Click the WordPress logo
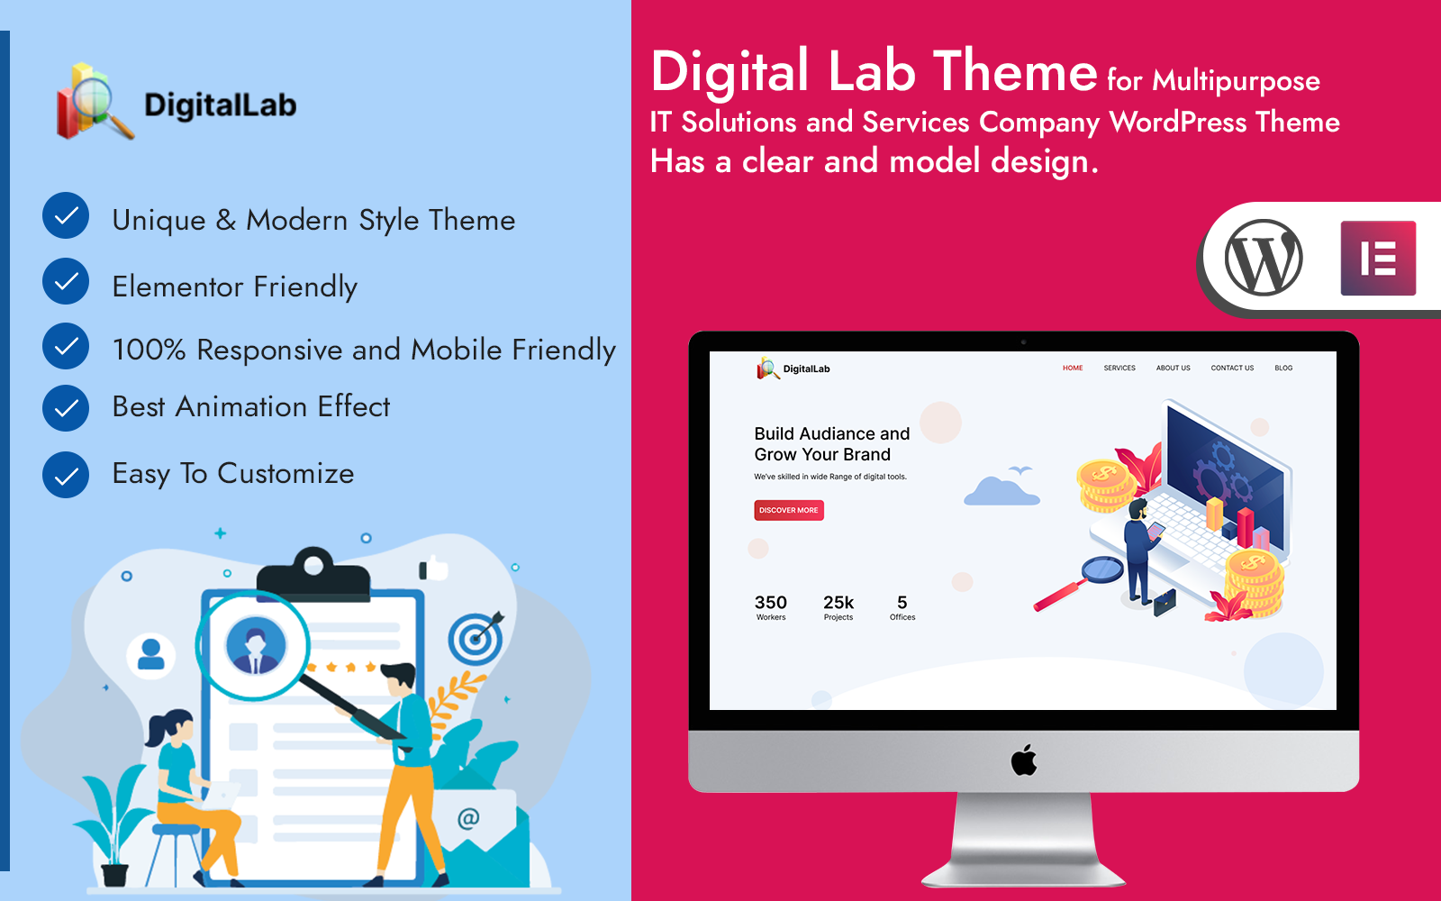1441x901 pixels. (1264, 258)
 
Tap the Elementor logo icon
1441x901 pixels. (1378, 258)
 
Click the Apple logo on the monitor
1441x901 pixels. (1023, 760)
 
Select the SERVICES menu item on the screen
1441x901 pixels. (1119, 369)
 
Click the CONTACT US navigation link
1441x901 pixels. (1232, 369)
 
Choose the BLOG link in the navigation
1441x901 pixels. (1283, 369)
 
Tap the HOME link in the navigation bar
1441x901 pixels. (1073, 369)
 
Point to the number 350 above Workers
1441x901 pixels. (771, 603)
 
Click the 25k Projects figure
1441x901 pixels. (838, 607)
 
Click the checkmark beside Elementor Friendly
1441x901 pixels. (66, 281)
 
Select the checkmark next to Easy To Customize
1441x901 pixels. (66, 475)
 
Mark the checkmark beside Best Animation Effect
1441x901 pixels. (66, 408)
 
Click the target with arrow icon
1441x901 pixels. (476, 638)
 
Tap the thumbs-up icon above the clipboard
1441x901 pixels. (433, 569)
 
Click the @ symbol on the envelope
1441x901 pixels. (468, 819)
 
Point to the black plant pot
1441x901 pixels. (114, 875)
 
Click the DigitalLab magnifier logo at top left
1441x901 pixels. (95, 101)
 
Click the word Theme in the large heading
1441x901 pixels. (1015, 72)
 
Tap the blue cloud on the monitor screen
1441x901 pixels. (1001, 491)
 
